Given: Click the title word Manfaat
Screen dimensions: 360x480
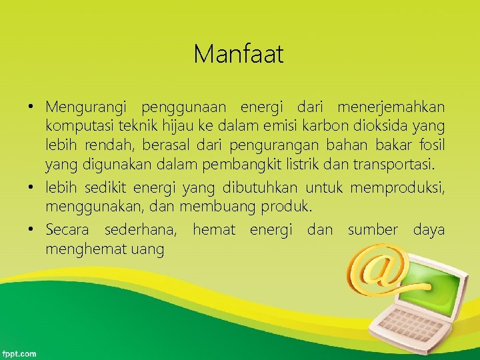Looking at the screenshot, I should [239, 54].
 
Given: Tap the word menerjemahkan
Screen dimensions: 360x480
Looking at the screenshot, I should [391, 107].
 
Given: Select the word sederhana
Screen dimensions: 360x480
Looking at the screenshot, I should [141, 231].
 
